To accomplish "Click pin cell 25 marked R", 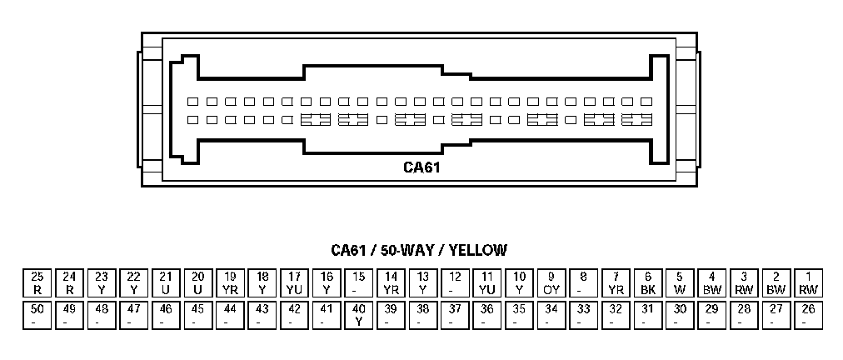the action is tap(37, 283).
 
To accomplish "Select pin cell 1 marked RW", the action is tap(807, 283).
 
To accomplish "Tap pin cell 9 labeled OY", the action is tap(551, 283).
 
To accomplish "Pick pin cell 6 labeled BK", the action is tap(647, 283).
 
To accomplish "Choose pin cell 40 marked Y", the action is tap(358, 315).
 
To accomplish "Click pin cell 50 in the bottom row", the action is tap(37, 315).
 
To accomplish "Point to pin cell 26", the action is tap(807, 315).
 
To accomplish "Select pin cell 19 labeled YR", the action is tap(230, 283).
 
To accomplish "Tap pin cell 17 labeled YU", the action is tap(294, 283).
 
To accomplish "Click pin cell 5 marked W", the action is tap(679, 283).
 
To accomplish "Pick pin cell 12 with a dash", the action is tap(455, 283).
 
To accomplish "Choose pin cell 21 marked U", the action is tap(166, 283).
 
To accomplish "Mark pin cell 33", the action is tap(583, 315).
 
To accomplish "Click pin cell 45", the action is tap(197, 315).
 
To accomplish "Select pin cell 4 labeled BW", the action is tap(711, 283).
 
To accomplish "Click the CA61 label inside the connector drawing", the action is tap(421, 167).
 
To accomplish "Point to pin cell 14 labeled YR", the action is tap(391, 283).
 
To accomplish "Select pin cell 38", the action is tap(422, 315).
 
